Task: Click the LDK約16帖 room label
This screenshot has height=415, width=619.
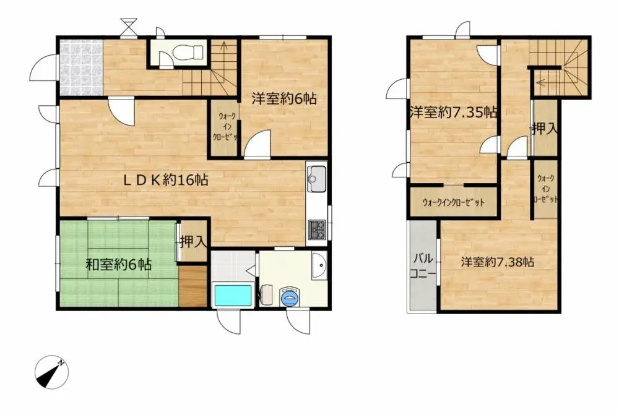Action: click(163, 180)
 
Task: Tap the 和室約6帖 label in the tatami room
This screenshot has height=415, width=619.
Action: click(118, 265)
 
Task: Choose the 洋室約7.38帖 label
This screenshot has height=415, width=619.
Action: click(497, 262)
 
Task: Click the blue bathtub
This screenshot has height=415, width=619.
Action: click(232, 295)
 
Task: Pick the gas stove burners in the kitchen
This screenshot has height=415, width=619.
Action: click(317, 230)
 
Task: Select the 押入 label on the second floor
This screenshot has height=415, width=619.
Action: click(545, 129)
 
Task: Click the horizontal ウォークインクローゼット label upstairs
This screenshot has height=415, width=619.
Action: click(453, 203)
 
